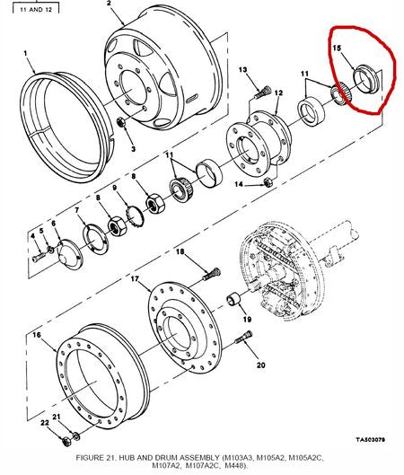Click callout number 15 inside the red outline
coord(337,48)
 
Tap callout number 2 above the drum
coord(109,4)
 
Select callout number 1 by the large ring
coord(25,53)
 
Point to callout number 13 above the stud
coord(242,70)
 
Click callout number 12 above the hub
coord(278,92)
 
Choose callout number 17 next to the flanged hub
coord(135,278)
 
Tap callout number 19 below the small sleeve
coord(247,319)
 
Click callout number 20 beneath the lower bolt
coord(260,365)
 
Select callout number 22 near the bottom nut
coord(45,422)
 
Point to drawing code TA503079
coord(370,439)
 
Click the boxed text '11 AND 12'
coord(36,10)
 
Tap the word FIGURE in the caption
coord(90,457)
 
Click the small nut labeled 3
coord(121,122)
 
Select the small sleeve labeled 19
coord(233,299)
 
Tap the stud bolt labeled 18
coord(211,274)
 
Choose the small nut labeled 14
coord(268,182)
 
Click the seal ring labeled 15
coord(366,80)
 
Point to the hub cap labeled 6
coord(70,254)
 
